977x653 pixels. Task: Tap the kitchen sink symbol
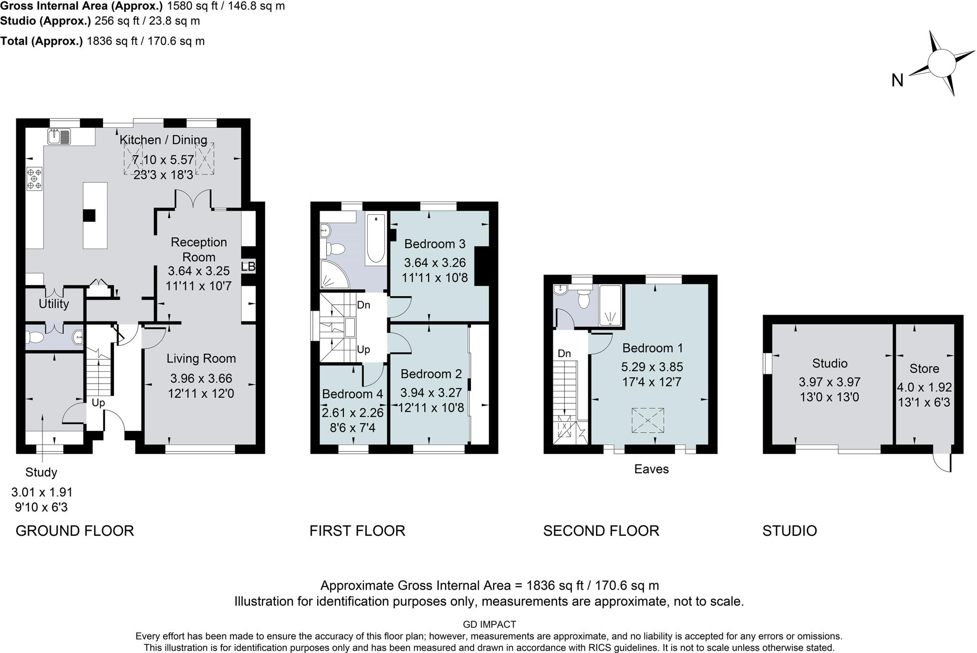point(59,136)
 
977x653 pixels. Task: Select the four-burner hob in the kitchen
point(34,178)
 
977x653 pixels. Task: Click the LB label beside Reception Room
point(248,266)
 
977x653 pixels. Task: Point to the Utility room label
point(54,304)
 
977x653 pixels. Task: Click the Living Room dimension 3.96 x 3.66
point(201,378)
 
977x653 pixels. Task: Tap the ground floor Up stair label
point(98,403)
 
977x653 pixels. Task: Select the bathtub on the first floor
point(376,238)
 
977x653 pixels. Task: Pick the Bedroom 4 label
point(353,394)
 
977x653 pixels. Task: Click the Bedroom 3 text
point(435,244)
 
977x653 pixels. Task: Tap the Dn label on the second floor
point(564,353)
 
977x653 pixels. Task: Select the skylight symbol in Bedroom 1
point(647,420)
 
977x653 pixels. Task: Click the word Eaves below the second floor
point(651,469)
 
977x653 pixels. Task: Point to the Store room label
point(924,368)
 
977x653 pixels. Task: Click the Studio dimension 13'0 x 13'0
point(829,397)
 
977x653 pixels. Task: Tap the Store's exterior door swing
point(944,462)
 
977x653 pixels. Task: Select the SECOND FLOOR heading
point(601,531)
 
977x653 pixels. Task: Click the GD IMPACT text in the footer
point(489,624)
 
